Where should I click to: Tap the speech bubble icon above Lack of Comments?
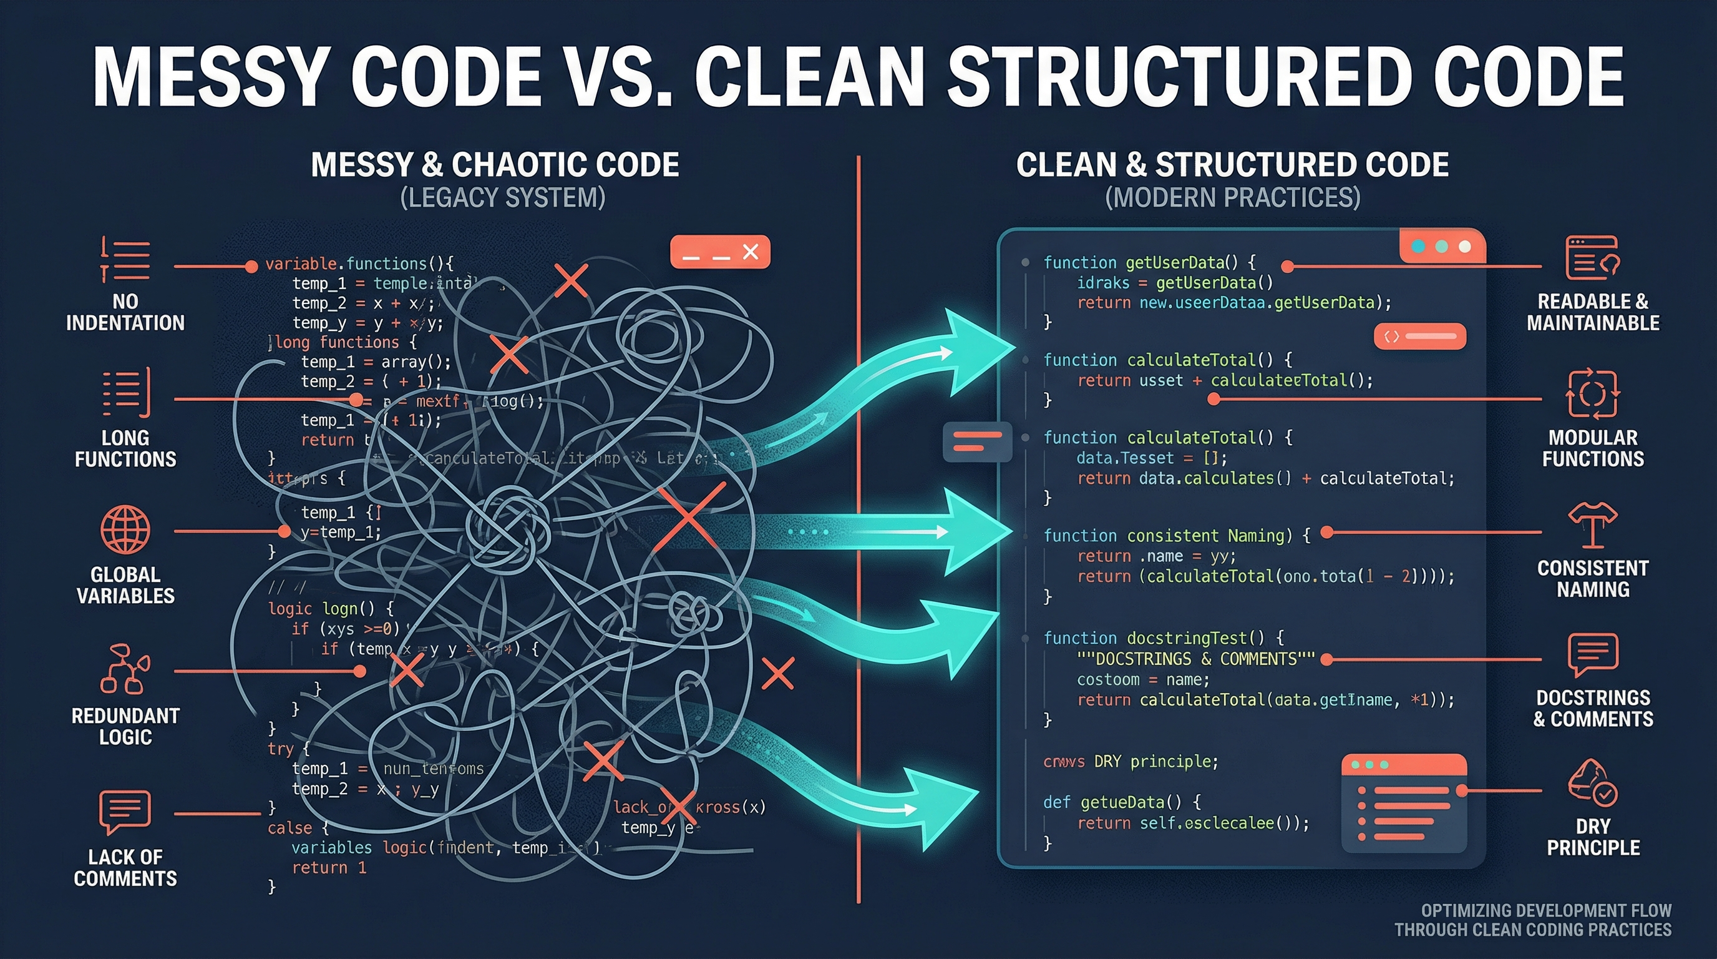[125, 812]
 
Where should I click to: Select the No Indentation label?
[125, 312]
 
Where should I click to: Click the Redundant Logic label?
[125, 726]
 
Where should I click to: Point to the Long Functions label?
[125, 448]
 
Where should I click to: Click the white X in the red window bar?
[751, 252]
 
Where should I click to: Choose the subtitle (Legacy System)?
[503, 197]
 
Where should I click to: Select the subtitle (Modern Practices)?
[1232, 197]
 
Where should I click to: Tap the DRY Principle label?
[1593, 837]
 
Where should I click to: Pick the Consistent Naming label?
[1593, 578]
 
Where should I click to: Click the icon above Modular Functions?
[1592, 393]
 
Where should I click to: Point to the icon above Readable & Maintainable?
[1592, 257]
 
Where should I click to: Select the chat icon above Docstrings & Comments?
[1592, 654]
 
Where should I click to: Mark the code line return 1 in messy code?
[329, 868]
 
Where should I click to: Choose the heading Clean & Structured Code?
[1232, 165]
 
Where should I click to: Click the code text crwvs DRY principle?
[1131, 762]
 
